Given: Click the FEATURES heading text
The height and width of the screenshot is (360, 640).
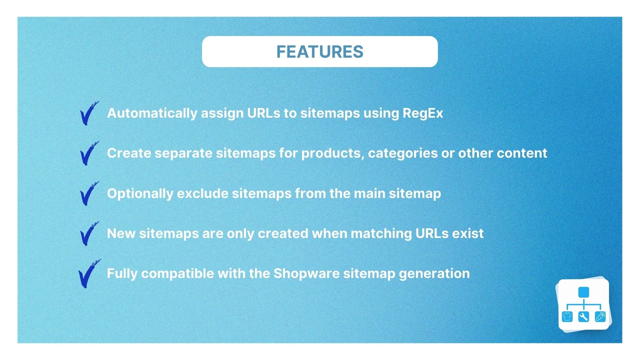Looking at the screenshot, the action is coord(320,52).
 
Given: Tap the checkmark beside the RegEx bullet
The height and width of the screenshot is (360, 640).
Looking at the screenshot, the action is coord(89,114).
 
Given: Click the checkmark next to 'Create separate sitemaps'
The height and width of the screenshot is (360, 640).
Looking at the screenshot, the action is coord(89,154).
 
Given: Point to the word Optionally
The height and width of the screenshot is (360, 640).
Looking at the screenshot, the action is coord(140,194).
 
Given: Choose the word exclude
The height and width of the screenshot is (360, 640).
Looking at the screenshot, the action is coord(202,193).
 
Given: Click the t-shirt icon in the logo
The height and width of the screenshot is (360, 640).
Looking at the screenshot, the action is coord(567,317).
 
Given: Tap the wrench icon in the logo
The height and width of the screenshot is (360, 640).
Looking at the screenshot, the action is coord(584,317).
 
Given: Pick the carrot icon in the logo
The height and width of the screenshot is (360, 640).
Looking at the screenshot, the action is coord(600,317).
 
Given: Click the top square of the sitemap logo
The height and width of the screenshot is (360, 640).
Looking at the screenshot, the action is coord(584,292).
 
